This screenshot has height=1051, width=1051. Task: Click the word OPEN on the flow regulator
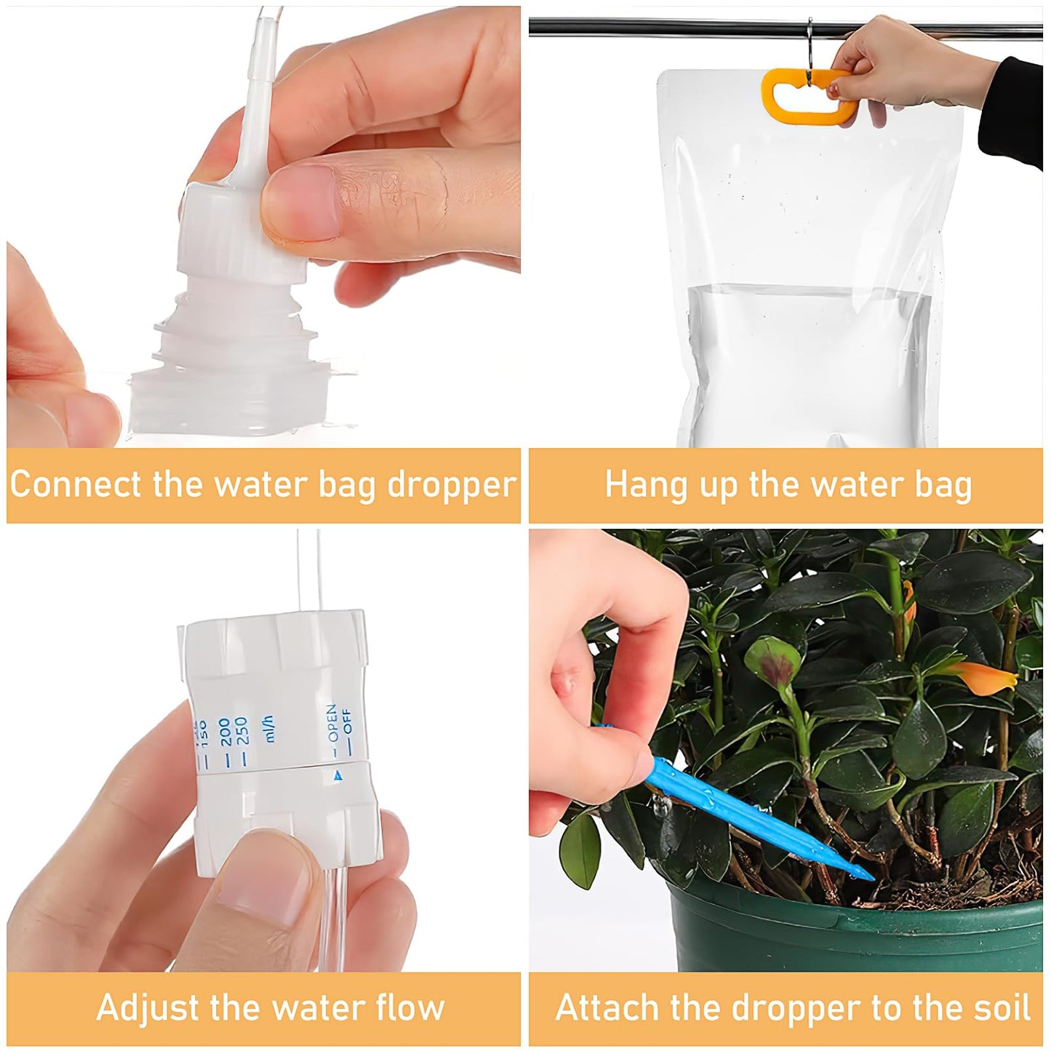pyautogui.click(x=332, y=722)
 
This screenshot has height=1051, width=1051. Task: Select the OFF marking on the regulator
pyautogui.click(x=347, y=723)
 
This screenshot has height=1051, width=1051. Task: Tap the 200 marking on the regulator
pyautogui.click(x=225, y=732)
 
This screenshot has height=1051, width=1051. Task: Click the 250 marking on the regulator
pyautogui.click(x=242, y=732)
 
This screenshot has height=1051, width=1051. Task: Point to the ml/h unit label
pyautogui.click(x=269, y=728)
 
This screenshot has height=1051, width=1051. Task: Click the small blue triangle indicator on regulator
pyautogui.click(x=337, y=777)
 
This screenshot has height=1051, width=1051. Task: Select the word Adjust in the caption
pyautogui.click(x=148, y=1008)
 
